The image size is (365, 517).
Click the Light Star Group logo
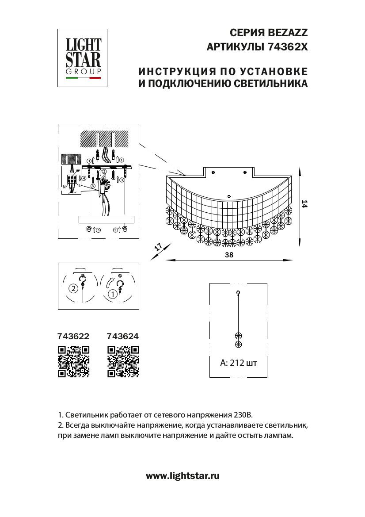point(84,58)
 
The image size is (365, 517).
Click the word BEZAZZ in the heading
point(288,32)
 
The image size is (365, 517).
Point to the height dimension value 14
point(304,204)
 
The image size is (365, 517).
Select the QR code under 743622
point(74,361)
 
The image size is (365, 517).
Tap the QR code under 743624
point(123,361)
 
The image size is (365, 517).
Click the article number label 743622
point(74,336)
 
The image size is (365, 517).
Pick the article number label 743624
point(123,336)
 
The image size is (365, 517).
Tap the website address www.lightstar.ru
point(182,476)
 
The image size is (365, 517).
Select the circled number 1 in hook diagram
point(113,293)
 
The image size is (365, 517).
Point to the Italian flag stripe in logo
point(84,78)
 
